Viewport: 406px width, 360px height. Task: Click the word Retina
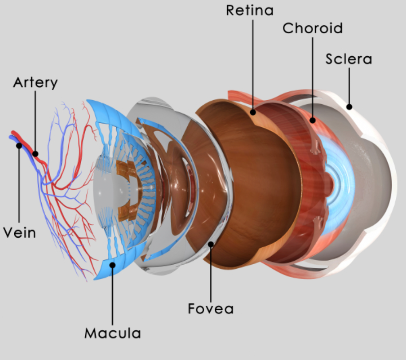(x=250, y=10)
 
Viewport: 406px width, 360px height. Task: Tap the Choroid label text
(x=313, y=28)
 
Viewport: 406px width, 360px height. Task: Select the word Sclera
(x=349, y=59)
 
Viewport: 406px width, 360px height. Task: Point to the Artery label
(x=35, y=82)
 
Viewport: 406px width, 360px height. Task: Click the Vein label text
(x=19, y=232)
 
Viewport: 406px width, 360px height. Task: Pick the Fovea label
(x=211, y=308)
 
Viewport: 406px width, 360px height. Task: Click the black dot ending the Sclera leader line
(x=349, y=106)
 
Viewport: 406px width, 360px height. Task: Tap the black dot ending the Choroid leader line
(x=313, y=119)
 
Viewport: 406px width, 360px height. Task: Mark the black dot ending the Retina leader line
(x=253, y=112)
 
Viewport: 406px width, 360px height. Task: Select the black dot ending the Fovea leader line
(x=211, y=243)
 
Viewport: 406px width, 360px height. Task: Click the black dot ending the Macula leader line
(x=113, y=265)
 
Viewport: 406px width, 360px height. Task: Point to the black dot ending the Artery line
(x=35, y=154)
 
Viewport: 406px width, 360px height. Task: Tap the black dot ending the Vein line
(x=19, y=145)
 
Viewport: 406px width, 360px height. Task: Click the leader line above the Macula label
(x=113, y=297)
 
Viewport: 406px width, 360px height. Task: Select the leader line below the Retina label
(x=253, y=62)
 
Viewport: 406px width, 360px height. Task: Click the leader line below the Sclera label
(x=349, y=84)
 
